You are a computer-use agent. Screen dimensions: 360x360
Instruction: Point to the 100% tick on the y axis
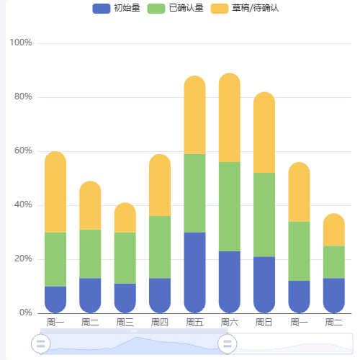(20, 43)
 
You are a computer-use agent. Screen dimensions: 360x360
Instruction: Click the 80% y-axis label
(22, 97)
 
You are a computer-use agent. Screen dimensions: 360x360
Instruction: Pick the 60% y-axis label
(22, 151)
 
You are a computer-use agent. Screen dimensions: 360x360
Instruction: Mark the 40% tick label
(22, 205)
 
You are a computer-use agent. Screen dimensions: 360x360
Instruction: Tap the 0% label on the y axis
(24, 313)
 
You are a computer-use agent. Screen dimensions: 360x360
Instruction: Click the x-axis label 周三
(125, 322)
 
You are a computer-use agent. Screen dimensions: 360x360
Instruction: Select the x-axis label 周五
(195, 322)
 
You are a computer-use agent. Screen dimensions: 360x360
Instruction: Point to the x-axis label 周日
(264, 322)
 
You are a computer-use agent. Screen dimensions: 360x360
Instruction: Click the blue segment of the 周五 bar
(195, 272)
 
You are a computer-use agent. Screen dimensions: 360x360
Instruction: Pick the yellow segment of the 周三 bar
(125, 217)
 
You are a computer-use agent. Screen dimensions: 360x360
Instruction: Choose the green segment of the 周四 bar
(160, 247)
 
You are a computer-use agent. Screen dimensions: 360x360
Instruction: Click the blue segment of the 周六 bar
(230, 282)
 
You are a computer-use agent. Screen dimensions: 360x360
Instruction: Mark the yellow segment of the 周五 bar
(195, 115)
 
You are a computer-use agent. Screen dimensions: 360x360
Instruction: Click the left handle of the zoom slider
(41, 344)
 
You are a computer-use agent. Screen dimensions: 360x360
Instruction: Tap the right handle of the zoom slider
(228, 344)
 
